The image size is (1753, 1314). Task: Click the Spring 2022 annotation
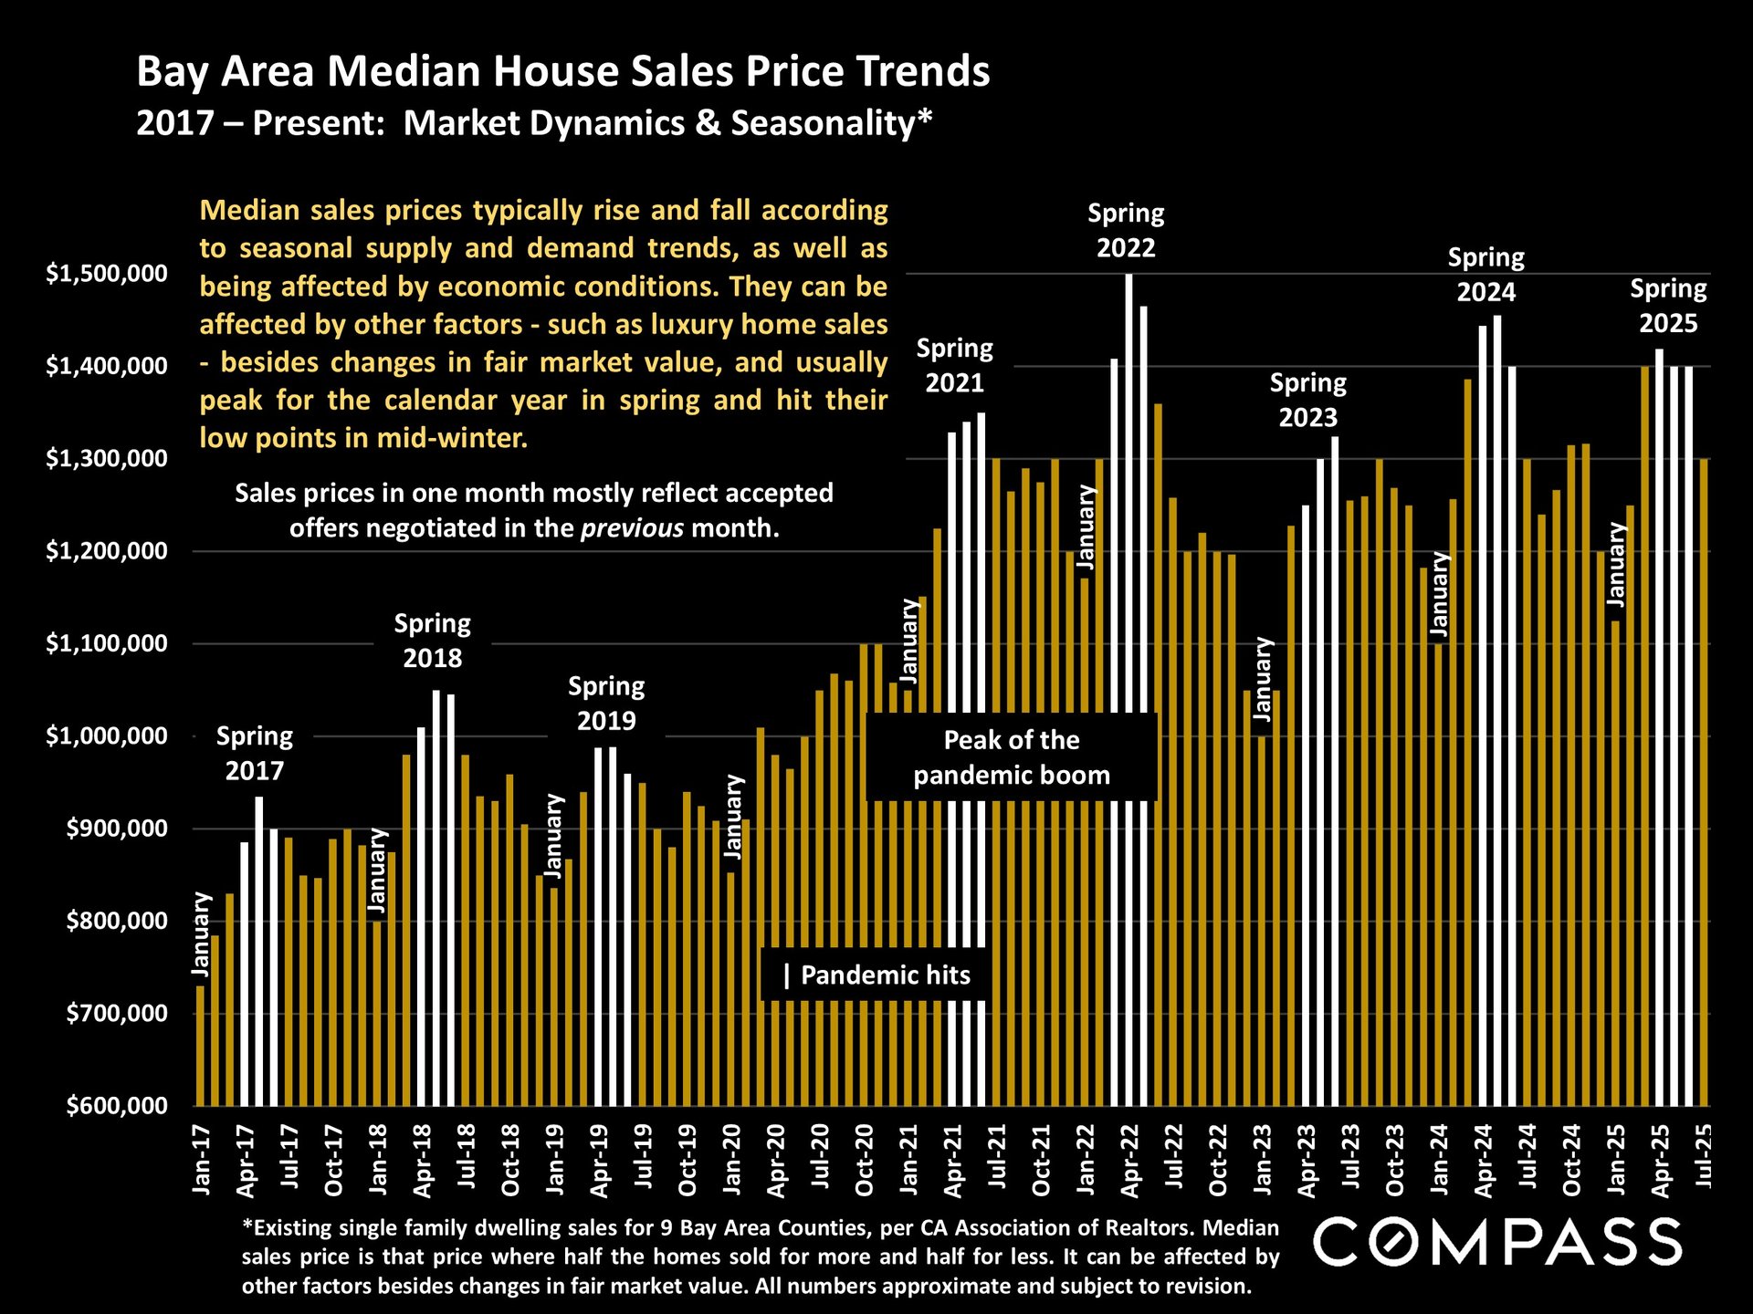(x=1126, y=230)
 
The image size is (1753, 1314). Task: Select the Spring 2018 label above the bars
(x=432, y=641)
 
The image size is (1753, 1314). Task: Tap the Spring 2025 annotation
(x=1668, y=306)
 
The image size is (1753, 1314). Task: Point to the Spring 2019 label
(x=606, y=703)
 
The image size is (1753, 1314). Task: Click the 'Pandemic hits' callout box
(x=876, y=975)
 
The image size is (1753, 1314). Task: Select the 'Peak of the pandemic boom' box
(x=1012, y=757)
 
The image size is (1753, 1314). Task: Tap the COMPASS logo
(x=1497, y=1242)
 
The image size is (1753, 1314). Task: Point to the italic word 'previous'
(x=632, y=528)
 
